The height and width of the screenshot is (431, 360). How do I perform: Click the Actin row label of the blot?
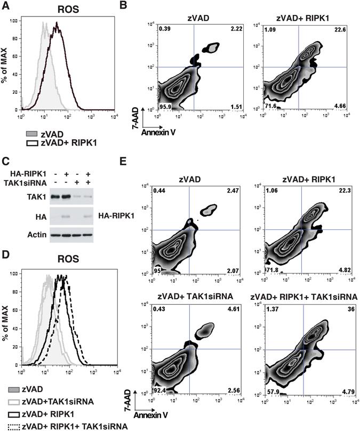pos(36,219)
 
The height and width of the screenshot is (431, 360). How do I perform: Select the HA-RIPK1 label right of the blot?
pos(112,203)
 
